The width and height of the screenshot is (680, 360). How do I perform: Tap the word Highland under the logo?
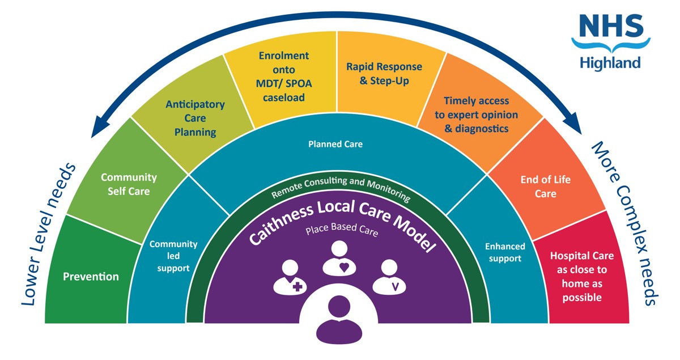point(610,62)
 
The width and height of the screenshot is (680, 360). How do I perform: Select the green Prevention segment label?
point(91,277)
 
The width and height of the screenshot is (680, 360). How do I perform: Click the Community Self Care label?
point(129,184)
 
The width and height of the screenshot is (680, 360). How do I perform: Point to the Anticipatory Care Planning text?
point(195,118)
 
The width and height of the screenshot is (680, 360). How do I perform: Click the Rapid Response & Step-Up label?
point(384,74)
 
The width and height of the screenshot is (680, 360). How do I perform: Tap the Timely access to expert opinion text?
point(476,115)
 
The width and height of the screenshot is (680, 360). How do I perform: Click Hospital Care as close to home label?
point(581,277)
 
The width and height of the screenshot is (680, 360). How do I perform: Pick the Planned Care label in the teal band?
point(335,144)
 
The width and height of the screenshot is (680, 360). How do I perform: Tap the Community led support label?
point(173,256)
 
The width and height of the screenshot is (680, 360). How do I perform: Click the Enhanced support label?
point(505,252)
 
